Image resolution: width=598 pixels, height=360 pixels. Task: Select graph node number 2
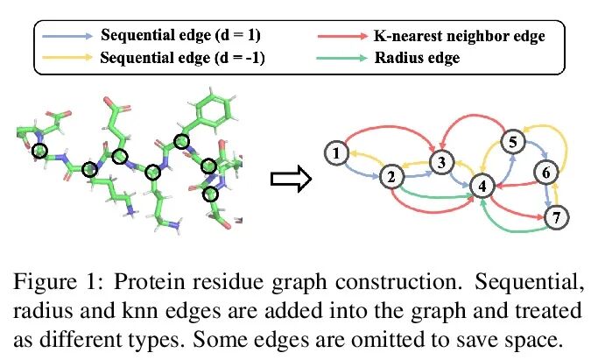pos(392,178)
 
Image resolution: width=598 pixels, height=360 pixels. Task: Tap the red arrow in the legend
pos(338,37)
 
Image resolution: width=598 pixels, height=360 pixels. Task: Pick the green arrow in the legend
pos(338,60)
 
